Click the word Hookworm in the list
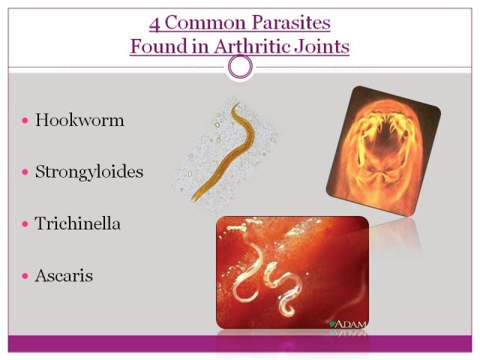[79, 120]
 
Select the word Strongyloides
[89, 172]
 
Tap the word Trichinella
[77, 223]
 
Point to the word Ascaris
[64, 275]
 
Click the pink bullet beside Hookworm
[25, 120]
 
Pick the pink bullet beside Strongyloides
[25, 172]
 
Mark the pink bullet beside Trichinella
[25, 223]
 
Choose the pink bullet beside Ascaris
[25, 276]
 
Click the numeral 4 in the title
[154, 23]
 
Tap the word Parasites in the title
[291, 22]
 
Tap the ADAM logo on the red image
[347, 324]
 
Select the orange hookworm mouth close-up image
[383, 151]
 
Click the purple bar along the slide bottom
[240, 343]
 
